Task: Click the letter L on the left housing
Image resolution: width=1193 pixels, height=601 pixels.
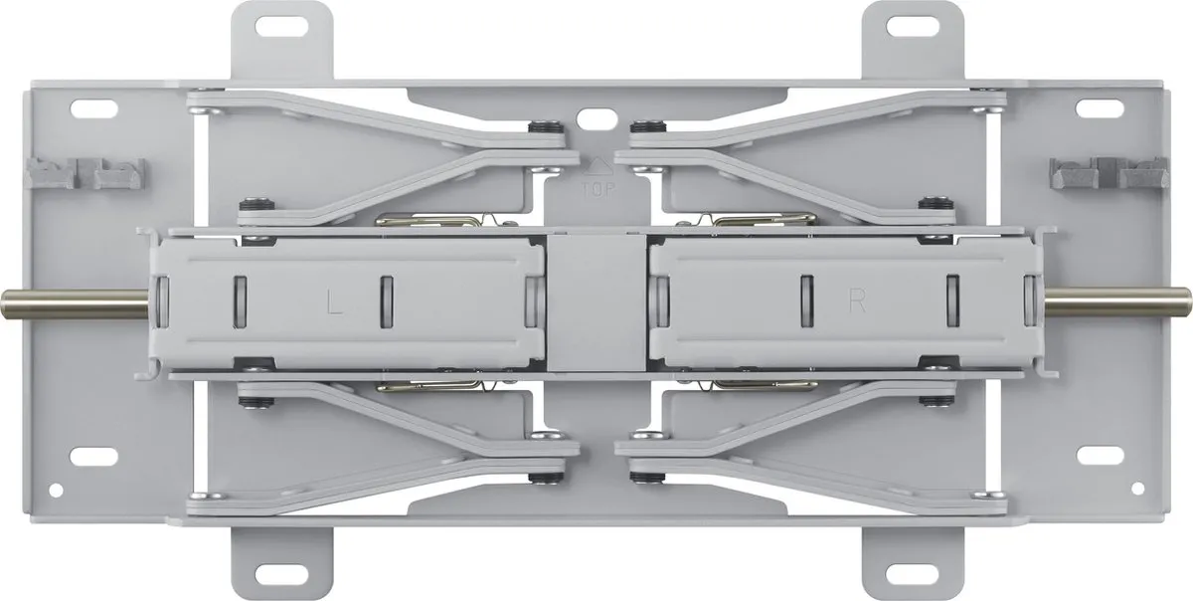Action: [x=334, y=301]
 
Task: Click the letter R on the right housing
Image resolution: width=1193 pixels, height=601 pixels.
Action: [x=857, y=300]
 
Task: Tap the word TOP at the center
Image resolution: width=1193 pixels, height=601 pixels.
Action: [x=598, y=190]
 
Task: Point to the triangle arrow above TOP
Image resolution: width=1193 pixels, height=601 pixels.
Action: [x=597, y=166]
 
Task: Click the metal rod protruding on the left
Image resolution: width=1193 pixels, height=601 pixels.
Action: [x=76, y=303]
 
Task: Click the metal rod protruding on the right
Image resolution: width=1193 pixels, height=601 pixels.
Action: [x=1116, y=302]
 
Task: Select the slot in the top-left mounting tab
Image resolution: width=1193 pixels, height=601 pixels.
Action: [x=281, y=26]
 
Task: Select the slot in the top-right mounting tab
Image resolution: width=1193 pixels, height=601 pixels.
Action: [x=913, y=26]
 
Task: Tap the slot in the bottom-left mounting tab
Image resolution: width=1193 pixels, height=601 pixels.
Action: [x=281, y=574]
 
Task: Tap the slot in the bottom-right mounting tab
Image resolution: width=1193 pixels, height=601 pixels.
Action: [x=913, y=574]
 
